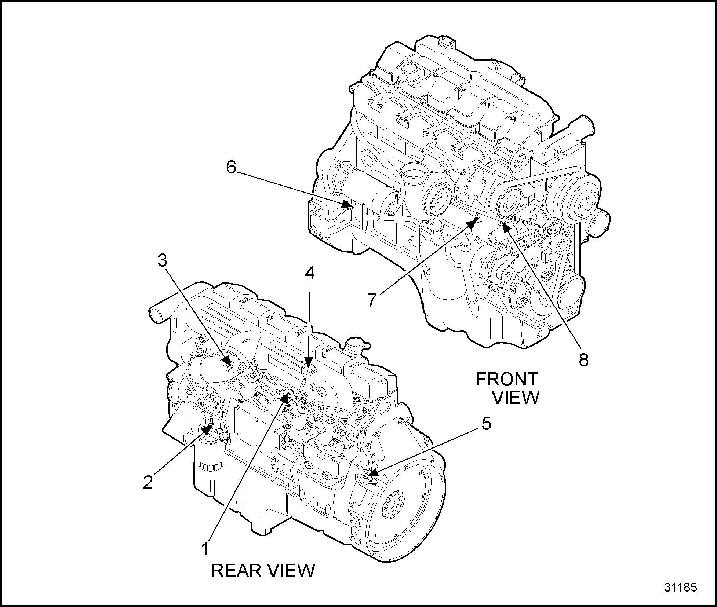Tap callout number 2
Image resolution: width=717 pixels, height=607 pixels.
(x=148, y=482)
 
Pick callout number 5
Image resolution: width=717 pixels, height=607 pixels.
(x=486, y=424)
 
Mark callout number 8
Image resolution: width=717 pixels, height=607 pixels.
(x=583, y=360)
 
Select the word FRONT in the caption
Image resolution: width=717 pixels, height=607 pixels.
(x=507, y=380)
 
